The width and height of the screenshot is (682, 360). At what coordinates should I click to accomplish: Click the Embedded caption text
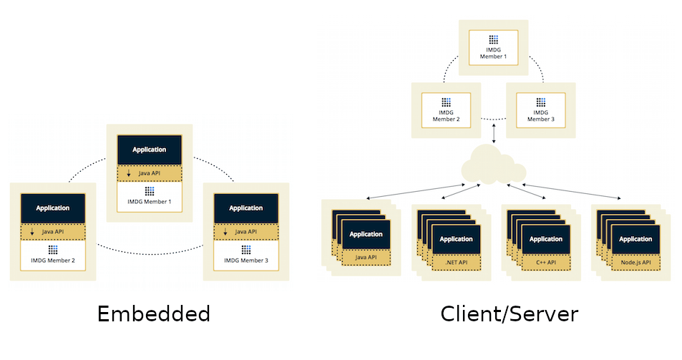pyautogui.click(x=153, y=314)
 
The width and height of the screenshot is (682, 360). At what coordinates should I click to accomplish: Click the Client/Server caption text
pyautogui.click(x=509, y=314)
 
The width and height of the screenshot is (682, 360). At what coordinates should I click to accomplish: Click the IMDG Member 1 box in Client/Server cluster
pyautogui.click(x=494, y=47)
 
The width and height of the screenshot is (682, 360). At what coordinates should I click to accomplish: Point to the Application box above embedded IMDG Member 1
pyautogui.click(x=150, y=150)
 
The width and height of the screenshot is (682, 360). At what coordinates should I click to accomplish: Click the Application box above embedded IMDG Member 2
pyautogui.click(x=53, y=208)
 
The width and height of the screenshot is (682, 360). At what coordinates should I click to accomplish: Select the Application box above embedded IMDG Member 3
pyautogui.click(x=245, y=208)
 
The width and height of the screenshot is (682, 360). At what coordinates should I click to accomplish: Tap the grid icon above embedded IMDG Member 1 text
pyautogui.click(x=150, y=192)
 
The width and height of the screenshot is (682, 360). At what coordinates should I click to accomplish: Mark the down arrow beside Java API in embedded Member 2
pyautogui.click(x=31, y=232)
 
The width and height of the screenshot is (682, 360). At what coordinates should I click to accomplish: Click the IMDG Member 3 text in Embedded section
pyautogui.click(x=245, y=261)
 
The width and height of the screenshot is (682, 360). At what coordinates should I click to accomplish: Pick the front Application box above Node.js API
pyautogui.click(x=635, y=239)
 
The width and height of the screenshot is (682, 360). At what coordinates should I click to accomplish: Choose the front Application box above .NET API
pyautogui.click(x=456, y=239)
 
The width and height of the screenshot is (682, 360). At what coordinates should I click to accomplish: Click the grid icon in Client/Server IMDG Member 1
pyautogui.click(x=494, y=40)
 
